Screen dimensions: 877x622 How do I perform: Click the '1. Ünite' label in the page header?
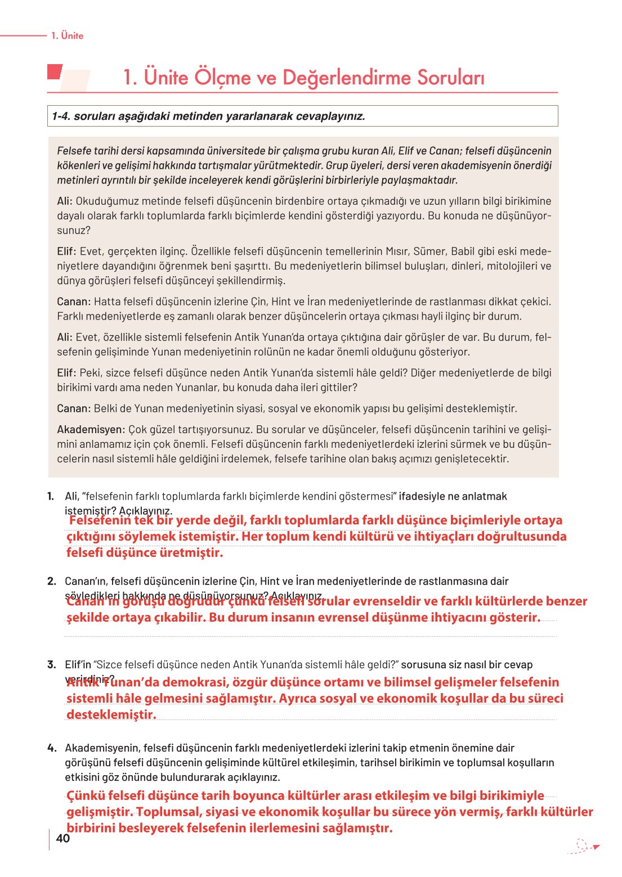click(x=67, y=35)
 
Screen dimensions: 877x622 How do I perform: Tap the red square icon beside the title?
click(x=54, y=72)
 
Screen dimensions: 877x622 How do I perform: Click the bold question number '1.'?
click(x=51, y=496)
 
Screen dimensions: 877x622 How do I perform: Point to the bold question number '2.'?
click(x=51, y=581)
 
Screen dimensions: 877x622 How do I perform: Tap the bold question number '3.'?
click(x=51, y=664)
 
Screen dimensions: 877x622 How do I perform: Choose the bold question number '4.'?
click(x=51, y=748)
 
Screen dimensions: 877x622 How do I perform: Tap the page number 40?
click(x=63, y=838)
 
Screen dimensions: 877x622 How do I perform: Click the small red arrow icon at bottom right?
click(x=596, y=847)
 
